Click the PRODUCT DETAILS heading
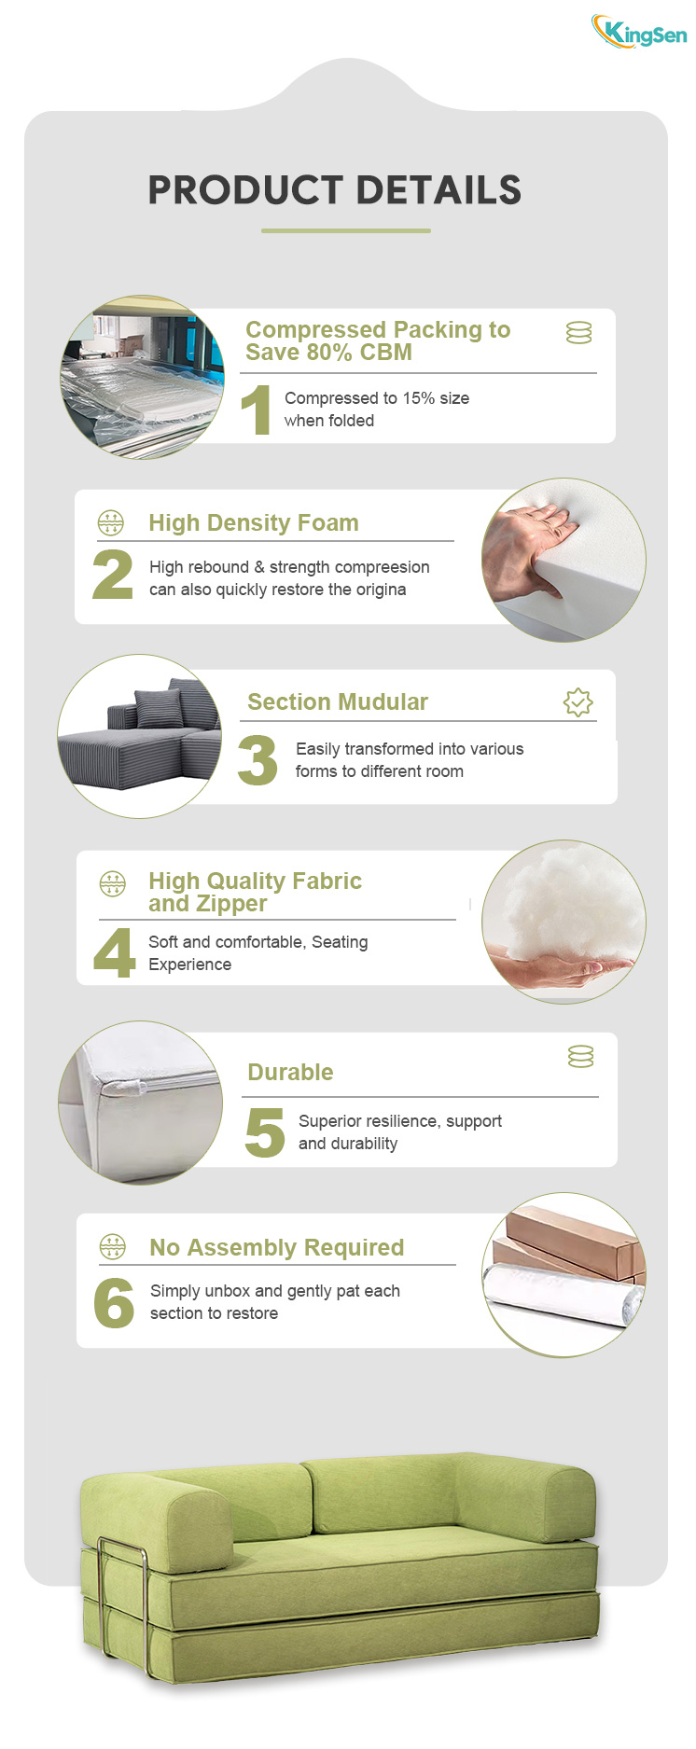pyautogui.click(x=335, y=190)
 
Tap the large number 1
pyautogui.click(x=257, y=410)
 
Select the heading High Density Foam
pyautogui.click(x=254, y=522)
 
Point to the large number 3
pyautogui.click(x=258, y=760)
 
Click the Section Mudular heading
pyautogui.click(x=338, y=701)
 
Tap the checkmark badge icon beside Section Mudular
pyautogui.click(x=578, y=702)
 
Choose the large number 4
pyautogui.click(x=115, y=952)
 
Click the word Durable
pyautogui.click(x=290, y=1072)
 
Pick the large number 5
pyautogui.click(x=265, y=1132)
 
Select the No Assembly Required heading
pyautogui.click(x=277, y=1247)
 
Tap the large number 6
pyautogui.click(x=114, y=1303)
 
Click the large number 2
pyautogui.click(x=113, y=574)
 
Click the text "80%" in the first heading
pyautogui.click(x=330, y=352)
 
